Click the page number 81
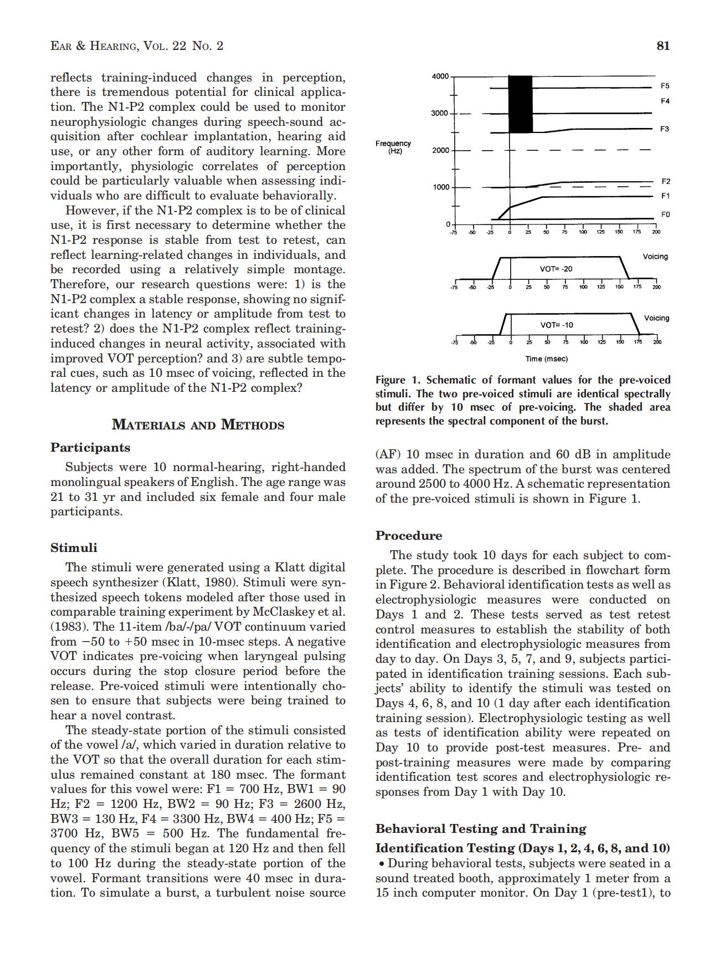pyautogui.click(x=663, y=46)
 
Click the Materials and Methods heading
pyautogui.click(x=198, y=425)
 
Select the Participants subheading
pyautogui.click(x=90, y=448)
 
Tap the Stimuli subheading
pyautogui.click(x=74, y=548)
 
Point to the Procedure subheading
pyautogui.click(x=409, y=536)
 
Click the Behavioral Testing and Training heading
pyautogui.click(x=481, y=829)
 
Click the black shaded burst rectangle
pyautogui.click(x=520, y=104)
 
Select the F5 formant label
pyautogui.click(x=665, y=86)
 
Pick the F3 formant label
pyautogui.click(x=665, y=129)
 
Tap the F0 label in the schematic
pyautogui.click(x=665, y=214)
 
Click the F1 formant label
pyautogui.click(x=665, y=196)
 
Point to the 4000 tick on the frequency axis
pyautogui.click(x=440, y=76)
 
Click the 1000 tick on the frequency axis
pyautogui.click(x=440, y=187)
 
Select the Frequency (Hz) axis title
pyautogui.click(x=393, y=147)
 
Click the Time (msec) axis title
pyautogui.click(x=547, y=359)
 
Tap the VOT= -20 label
pyautogui.click(x=556, y=269)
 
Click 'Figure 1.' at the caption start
pyautogui.click(x=398, y=380)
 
